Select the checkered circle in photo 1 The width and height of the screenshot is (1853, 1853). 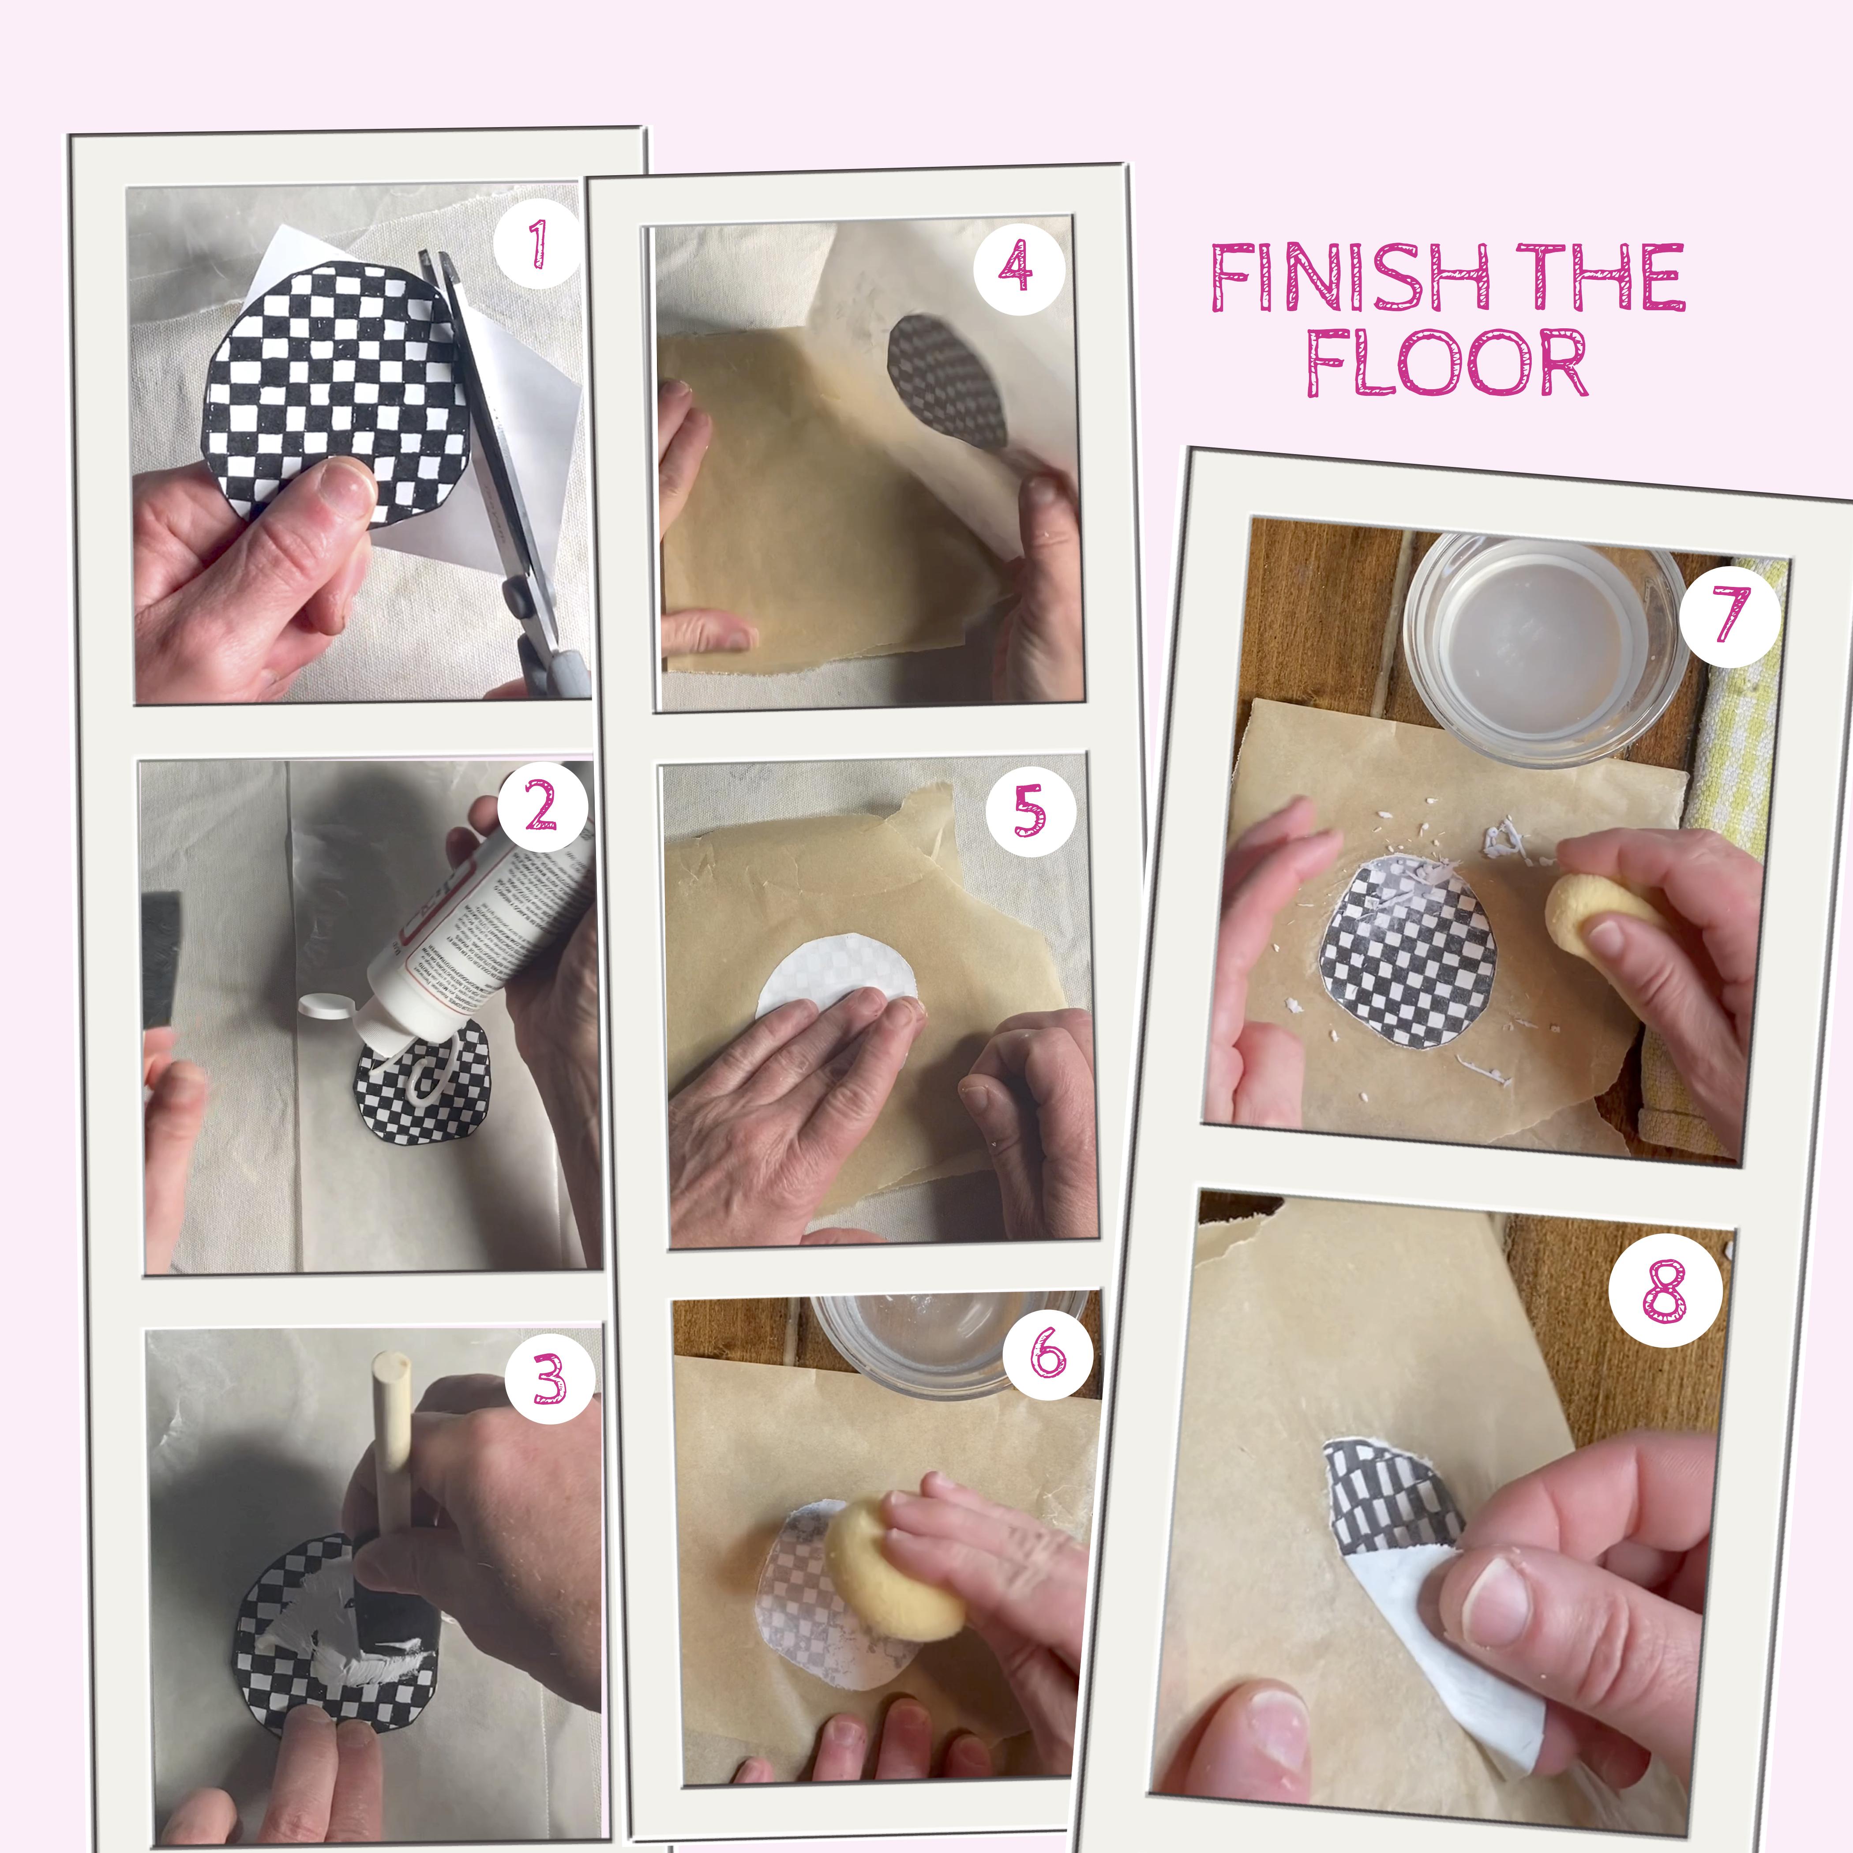click(x=326, y=383)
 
